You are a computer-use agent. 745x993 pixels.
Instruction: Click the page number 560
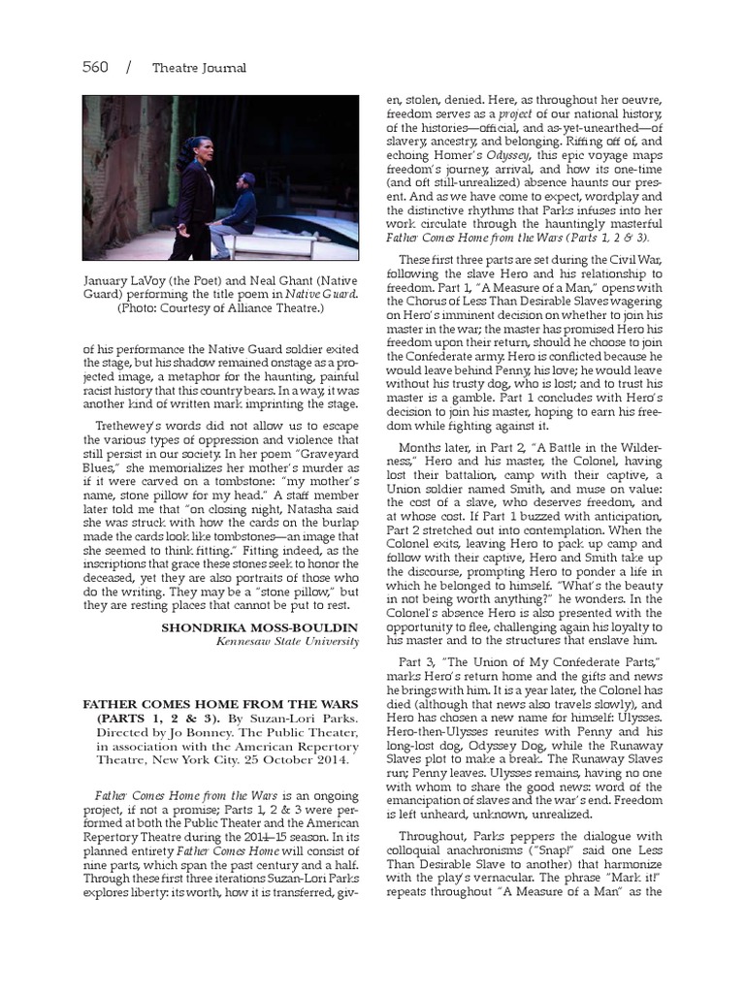[95, 67]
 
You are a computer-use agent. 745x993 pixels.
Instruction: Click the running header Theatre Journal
[199, 68]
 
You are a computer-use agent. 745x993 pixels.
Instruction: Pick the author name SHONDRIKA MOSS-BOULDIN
[260, 628]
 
